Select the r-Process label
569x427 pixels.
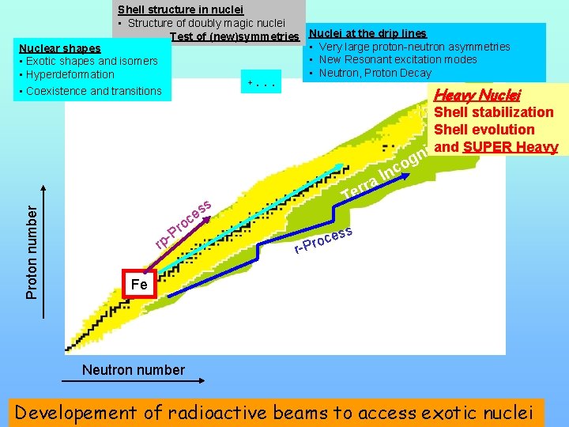click(x=322, y=240)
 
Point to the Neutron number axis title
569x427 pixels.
click(x=134, y=369)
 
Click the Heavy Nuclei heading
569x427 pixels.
click(x=477, y=94)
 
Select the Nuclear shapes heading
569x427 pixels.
click(x=60, y=48)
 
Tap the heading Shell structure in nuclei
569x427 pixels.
click(x=180, y=9)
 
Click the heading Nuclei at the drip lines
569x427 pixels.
click(x=367, y=33)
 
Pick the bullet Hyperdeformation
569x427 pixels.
click(x=70, y=75)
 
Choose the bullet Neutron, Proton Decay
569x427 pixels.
click(x=375, y=73)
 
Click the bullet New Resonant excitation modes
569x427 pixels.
click(x=398, y=59)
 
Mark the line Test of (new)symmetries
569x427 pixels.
click(x=234, y=36)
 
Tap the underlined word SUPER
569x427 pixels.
click(x=490, y=147)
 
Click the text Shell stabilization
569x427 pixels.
click(x=494, y=112)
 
